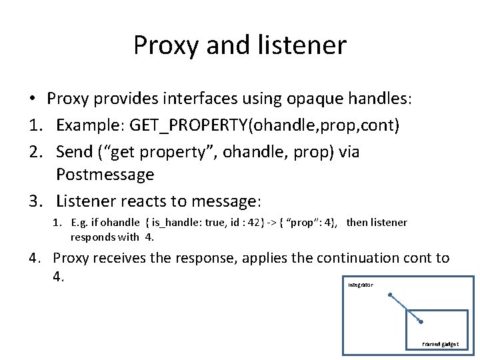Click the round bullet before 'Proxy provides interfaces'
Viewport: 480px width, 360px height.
[32, 100]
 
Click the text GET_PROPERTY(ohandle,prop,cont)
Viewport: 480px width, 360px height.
[265, 126]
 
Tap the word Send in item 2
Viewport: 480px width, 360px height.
[74, 152]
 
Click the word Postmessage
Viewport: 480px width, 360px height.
[105, 175]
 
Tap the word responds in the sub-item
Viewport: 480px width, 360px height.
[95, 236]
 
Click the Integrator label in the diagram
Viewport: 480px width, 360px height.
[361, 285]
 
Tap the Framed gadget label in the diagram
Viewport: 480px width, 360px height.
[441, 345]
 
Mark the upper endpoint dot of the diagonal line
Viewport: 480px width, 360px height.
[391, 295]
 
